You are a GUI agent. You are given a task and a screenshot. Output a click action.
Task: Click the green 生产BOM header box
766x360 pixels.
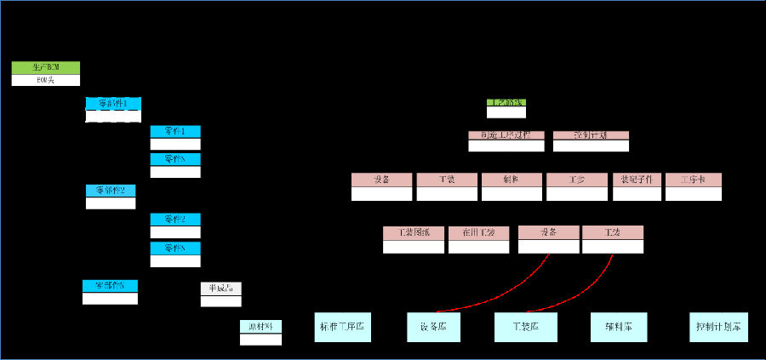[46, 67]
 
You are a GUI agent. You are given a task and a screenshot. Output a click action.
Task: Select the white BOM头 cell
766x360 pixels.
[46, 80]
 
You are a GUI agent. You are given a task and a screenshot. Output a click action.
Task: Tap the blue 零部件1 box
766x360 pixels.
[113, 104]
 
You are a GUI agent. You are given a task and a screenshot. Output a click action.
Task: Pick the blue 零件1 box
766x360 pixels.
[175, 131]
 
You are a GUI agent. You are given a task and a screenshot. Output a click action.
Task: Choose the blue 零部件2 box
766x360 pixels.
[111, 190]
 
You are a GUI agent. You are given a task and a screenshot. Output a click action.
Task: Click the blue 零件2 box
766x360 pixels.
[175, 219]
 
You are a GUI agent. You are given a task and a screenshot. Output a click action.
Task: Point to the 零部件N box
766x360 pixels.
[110, 285]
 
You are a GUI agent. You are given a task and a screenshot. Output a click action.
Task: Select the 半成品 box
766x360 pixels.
[220, 288]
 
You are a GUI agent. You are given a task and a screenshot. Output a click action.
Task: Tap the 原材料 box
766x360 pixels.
[260, 326]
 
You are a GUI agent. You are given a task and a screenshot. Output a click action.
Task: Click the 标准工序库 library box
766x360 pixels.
[343, 327]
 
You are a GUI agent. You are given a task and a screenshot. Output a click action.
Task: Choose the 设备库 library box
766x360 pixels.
[433, 327]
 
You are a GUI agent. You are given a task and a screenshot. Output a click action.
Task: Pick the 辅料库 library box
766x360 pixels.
[619, 327]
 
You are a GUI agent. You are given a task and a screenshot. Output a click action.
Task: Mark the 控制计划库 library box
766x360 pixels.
[718, 327]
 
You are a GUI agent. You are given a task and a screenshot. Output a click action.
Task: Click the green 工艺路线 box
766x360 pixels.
[506, 103]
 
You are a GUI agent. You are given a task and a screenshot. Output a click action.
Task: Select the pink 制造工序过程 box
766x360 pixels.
[506, 135]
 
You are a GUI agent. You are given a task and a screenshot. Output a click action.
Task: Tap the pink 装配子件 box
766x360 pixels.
[637, 180]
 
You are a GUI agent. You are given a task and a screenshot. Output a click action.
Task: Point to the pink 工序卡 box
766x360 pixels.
[694, 180]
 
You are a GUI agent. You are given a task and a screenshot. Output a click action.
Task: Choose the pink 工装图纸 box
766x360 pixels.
[414, 232]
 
